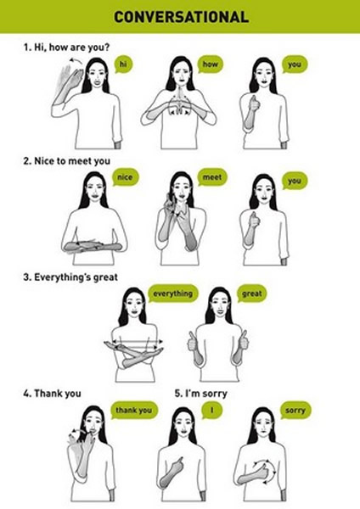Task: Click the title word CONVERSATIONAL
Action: click(182, 17)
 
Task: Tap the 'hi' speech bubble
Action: click(123, 64)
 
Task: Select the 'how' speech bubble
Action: click(210, 64)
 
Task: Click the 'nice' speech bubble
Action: click(125, 177)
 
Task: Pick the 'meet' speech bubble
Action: click(212, 177)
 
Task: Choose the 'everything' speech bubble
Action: click(173, 294)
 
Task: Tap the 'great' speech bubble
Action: click(252, 294)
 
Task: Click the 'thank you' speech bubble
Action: click(134, 411)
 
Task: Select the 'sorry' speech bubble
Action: click(295, 411)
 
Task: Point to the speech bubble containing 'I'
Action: click(212, 411)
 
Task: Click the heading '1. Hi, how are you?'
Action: click(66, 48)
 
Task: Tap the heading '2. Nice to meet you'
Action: click(66, 161)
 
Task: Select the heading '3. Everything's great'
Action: click(70, 277)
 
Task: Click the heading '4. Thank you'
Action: click(52, 394)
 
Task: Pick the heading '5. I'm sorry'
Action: click(200, 394)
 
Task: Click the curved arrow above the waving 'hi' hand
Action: click(76, 61)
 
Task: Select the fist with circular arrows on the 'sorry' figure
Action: click(264, 471)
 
